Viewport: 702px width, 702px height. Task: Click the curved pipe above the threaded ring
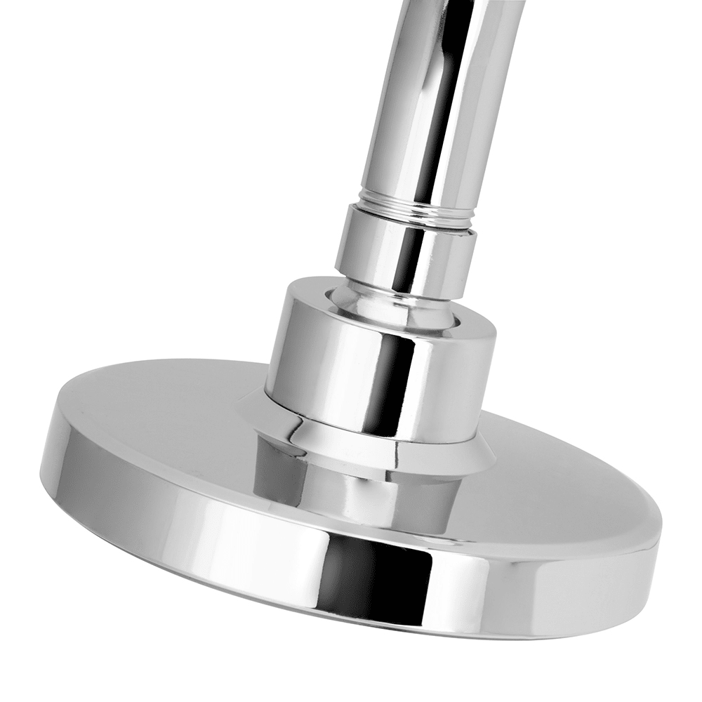pyautogui.click(x=442, y=105)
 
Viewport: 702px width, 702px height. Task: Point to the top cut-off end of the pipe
pyautogui.click(x=463, y=4)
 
